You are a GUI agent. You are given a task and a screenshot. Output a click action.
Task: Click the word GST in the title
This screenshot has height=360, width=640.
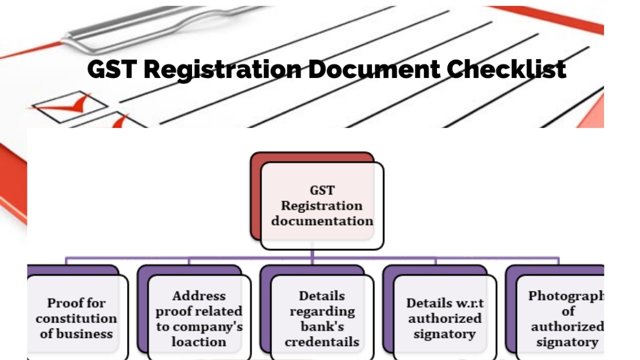pos(111,69)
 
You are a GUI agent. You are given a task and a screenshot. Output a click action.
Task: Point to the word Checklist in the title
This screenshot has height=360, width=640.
pos(506,69)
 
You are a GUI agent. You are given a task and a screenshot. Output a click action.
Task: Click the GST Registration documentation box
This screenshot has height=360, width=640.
pos(322,205)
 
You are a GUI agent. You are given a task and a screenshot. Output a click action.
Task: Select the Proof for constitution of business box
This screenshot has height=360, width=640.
pos(76,318)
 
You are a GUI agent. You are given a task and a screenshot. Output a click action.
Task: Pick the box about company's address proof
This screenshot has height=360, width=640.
pos(199,318)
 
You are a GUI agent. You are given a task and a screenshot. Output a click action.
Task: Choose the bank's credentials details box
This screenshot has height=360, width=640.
pos(322,318)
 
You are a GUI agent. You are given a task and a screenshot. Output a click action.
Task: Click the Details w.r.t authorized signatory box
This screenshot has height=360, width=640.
pos(444,318)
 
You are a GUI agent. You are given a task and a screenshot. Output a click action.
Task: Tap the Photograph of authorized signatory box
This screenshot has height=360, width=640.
pos(565,318)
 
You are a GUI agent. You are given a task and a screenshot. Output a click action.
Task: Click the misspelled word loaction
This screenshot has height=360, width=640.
pos(199,342)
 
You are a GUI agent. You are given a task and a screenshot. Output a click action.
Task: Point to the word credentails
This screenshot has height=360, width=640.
pos(322,342)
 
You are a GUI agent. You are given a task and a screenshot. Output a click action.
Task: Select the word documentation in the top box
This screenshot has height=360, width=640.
pos(322,221)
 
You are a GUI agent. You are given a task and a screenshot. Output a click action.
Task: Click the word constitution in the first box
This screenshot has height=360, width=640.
pos(76,318)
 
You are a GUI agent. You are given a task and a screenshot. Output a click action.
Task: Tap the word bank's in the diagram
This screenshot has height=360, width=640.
pos(322,326)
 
